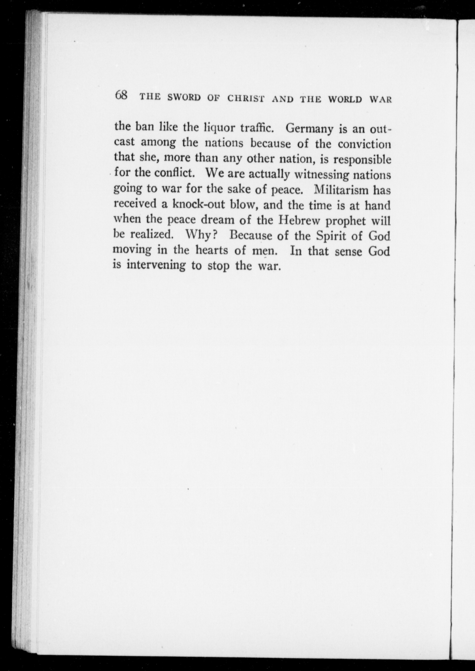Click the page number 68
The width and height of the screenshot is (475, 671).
pyautogui.click(x=121, y=95)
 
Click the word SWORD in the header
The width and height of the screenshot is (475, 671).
pyautogui.click(x=184, y=97)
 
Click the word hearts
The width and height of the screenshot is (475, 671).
pyautogui.click(x=211, y=251)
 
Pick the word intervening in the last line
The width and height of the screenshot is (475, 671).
pyautogui.click(x=156, y=265)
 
